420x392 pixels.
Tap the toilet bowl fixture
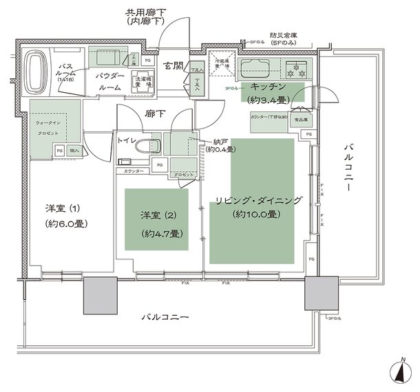pyautogui.click(x=147, y=146)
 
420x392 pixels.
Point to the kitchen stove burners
pyautogui.click(x=299, y=69)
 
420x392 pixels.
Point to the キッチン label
pyautogui.click(x=269, y=87)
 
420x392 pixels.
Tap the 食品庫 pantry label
pyautogui.click(x=302, y=119)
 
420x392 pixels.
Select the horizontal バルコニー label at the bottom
pyautogui.click(x=165, y=317)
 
